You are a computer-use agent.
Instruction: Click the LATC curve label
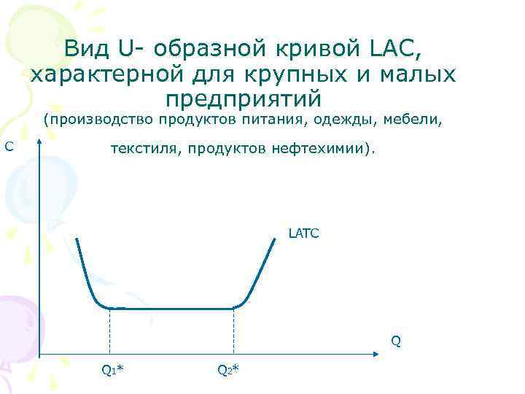(x=303, y=235)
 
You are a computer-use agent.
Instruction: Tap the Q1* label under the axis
(x=112, y=369)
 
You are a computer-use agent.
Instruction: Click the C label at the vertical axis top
(x=9, y=147)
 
